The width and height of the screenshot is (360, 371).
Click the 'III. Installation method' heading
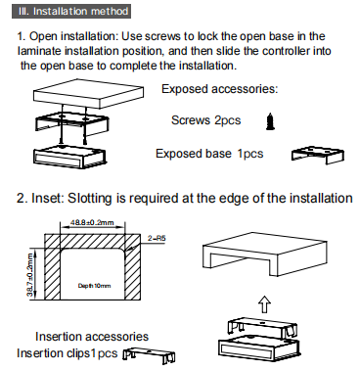click(71, 12)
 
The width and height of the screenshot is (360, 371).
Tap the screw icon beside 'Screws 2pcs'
click(270, 121)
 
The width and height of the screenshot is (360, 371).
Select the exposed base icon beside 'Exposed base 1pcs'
click(318, 155)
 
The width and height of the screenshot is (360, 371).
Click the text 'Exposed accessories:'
click(220, 89)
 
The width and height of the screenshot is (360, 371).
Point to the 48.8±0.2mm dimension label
click(92, 222)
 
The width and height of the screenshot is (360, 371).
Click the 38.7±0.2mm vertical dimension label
click(30, 275)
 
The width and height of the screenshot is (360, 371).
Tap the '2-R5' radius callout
click(157, 238)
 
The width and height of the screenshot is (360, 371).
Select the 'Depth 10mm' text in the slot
click(94, 286)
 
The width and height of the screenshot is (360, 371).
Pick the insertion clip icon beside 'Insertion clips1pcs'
click(149, 354)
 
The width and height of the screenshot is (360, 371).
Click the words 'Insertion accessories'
click(92, 337)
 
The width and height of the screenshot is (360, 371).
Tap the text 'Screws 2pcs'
click(206, 120)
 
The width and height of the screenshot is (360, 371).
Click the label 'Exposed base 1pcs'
click(209, 154)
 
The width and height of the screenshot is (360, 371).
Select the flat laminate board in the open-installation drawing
click(89, 93)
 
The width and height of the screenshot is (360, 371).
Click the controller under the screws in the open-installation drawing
click(69, 157)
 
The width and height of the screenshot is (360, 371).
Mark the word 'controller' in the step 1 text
click(286, 51)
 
